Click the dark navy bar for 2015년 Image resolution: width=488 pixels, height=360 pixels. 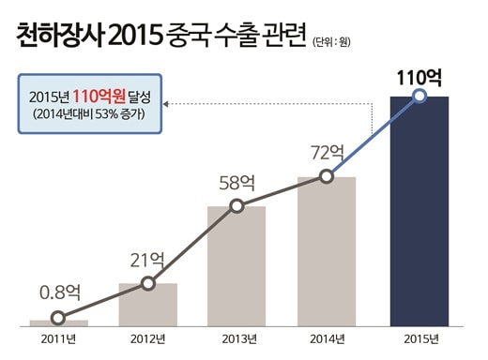coord(419,211)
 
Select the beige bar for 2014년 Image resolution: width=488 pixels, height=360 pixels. coord(327,251)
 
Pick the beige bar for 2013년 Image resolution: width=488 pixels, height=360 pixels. coord(236,266)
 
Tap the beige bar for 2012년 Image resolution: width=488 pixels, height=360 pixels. coord(148,305)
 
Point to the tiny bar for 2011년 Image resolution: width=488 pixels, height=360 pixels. coord(59,323)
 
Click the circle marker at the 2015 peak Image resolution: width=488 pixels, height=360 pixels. coord(419,96)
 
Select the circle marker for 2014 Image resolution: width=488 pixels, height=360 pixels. coord(327,176)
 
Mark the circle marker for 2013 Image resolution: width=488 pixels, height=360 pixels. coord(236,206)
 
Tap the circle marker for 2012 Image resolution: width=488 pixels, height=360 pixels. coord(148,283)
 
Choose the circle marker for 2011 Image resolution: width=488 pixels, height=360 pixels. coord(58,318)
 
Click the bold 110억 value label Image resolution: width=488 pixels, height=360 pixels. coord(419,78)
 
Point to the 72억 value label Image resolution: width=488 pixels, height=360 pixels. coord(328,152)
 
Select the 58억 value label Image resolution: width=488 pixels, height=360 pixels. coord(237,183)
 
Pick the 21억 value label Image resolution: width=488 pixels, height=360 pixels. coord(147,261)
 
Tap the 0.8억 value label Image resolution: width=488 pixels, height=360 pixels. coord(60,292)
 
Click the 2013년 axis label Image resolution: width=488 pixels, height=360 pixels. coord(239,339)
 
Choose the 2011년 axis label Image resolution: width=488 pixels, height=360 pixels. coord(58,339)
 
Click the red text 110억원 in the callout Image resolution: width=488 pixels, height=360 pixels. coord(99,96)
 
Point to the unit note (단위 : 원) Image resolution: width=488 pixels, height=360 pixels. coord(331,42)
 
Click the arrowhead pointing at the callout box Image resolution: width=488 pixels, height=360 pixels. coord(166,104)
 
